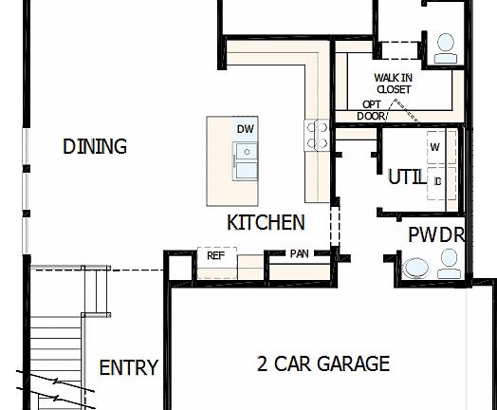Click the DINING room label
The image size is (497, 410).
95,146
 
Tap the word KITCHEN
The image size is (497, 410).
266,223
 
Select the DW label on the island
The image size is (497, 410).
246,128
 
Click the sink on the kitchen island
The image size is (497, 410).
246,161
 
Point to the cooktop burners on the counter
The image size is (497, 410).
316,134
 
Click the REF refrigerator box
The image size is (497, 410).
215,256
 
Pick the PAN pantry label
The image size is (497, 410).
299,253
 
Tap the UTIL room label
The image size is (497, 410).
406,177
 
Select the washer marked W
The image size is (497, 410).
437,147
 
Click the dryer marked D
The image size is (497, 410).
437,180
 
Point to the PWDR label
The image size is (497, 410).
435,234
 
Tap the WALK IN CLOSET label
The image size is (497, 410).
393,83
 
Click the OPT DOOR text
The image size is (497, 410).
373,110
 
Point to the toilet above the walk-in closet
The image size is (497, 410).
444,50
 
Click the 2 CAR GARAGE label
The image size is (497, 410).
323,363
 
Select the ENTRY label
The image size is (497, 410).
128,368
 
